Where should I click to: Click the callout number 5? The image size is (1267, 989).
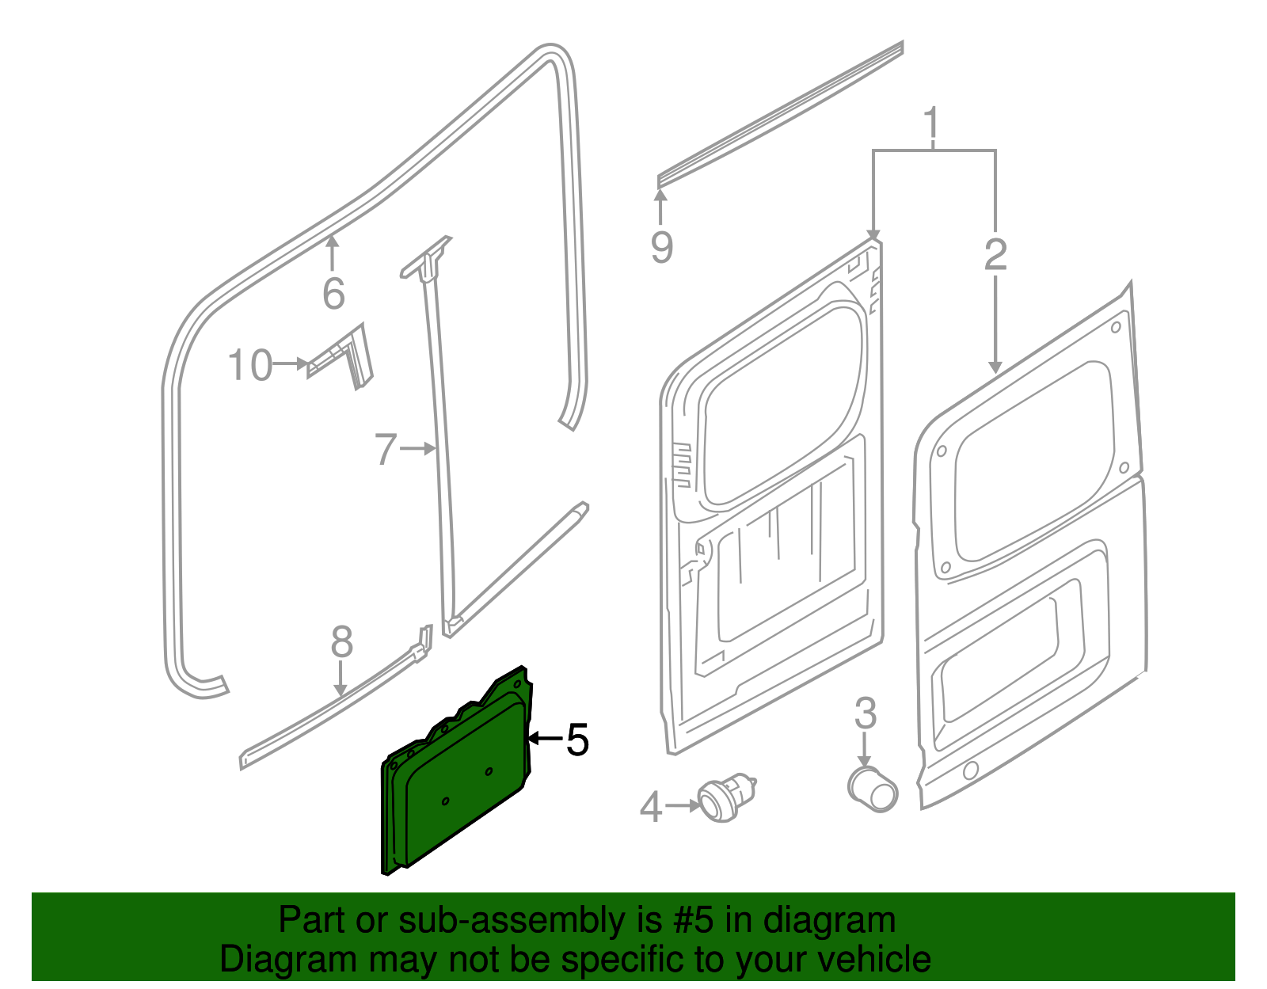[x=577, y=740]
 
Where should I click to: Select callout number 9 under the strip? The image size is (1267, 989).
[x=662, y=248]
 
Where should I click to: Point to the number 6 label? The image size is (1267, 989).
[x=333, y=294]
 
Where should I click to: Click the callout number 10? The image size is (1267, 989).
[x=250, y=365]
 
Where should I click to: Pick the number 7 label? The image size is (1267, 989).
[x=385, y=449]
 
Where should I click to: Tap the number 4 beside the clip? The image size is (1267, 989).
[x=650, y=808]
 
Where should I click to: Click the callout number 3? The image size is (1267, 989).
[x=865, y=713]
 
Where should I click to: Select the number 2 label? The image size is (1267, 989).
[x=995, y=255]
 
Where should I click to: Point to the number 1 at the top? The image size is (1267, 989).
[x=933, y=124]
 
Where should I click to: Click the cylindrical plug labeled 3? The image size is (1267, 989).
[x=872, y=789]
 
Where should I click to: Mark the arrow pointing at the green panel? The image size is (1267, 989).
[x=544, y=738]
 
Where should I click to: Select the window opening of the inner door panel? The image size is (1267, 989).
[x=780, y=404]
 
